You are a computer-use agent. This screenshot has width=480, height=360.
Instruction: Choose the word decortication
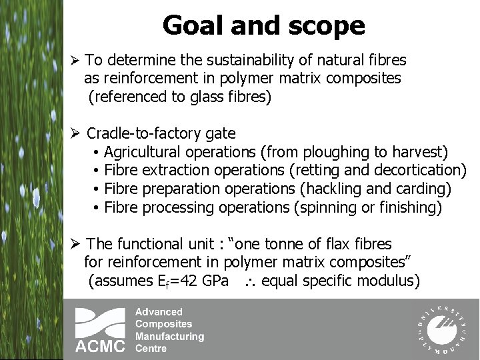[x=418, y=170]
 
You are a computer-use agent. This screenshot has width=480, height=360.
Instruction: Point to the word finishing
[x=408, y=207]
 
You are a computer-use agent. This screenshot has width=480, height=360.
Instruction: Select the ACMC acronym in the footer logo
[x=99, y=346]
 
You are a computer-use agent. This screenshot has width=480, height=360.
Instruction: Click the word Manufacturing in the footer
[x=169, y=336]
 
